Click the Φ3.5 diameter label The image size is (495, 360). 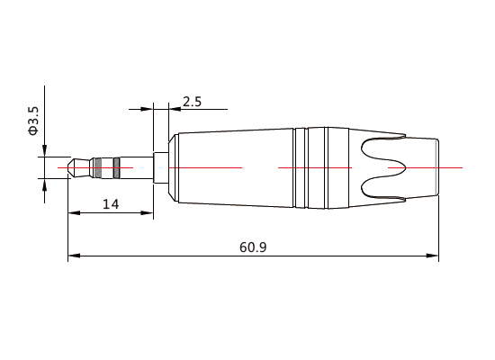(x=33, y=121)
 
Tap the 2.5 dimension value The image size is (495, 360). (x=192, y=101)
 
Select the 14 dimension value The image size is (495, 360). (x=111, y=204)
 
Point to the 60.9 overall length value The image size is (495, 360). (x=253, y=247)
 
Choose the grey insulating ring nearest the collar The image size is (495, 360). (x=115, y=167)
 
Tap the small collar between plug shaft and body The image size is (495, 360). (x=161, y=167)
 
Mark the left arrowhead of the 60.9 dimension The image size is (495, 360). (x=74, y=256)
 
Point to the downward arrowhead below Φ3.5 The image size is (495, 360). (x=42, y=152)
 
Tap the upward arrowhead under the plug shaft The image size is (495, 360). (x=42, y=184)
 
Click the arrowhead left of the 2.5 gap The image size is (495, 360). (x=148, y=110)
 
